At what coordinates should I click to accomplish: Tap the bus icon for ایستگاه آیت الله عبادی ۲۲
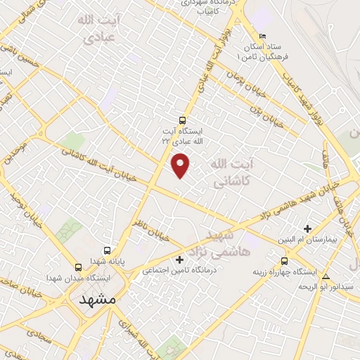click(x=183, y=120)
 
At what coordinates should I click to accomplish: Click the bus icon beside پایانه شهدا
click(x=107, y=250)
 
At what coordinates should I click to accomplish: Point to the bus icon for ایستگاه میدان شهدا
click(x=77, y=267)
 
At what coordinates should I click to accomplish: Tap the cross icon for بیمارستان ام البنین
click(x=307, y=228)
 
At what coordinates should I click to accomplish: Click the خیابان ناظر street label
click(x=150, y=231)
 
